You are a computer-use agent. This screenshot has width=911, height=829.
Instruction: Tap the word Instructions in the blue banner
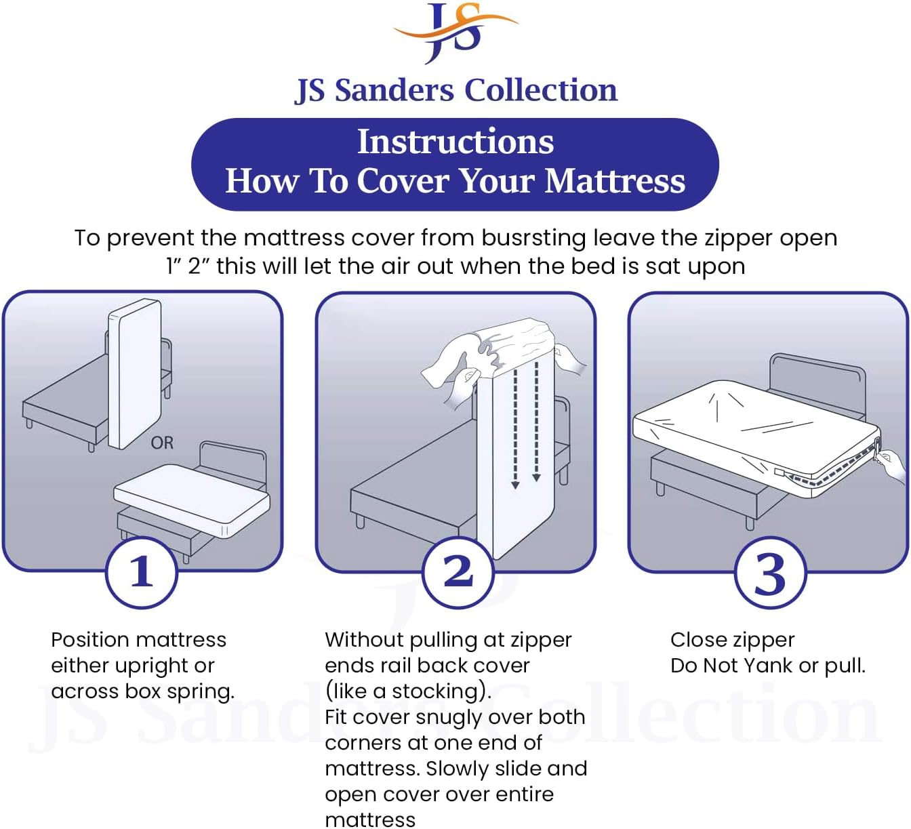(455, 142)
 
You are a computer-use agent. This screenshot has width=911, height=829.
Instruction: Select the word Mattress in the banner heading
(615, 181)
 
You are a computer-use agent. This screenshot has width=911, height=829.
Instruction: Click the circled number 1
(142, 571)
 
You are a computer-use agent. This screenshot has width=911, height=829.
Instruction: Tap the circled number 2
(458, 571)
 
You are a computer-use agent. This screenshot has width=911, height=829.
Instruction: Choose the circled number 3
(770, 573)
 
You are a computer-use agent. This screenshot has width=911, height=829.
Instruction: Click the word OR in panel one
(162, 443)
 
